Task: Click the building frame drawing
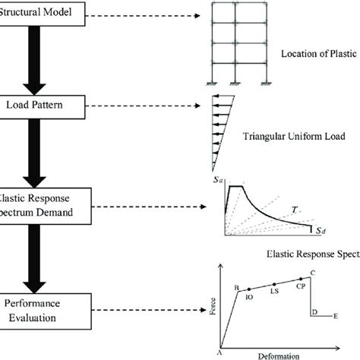coord(235,46)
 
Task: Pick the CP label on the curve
coord(301,287)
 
